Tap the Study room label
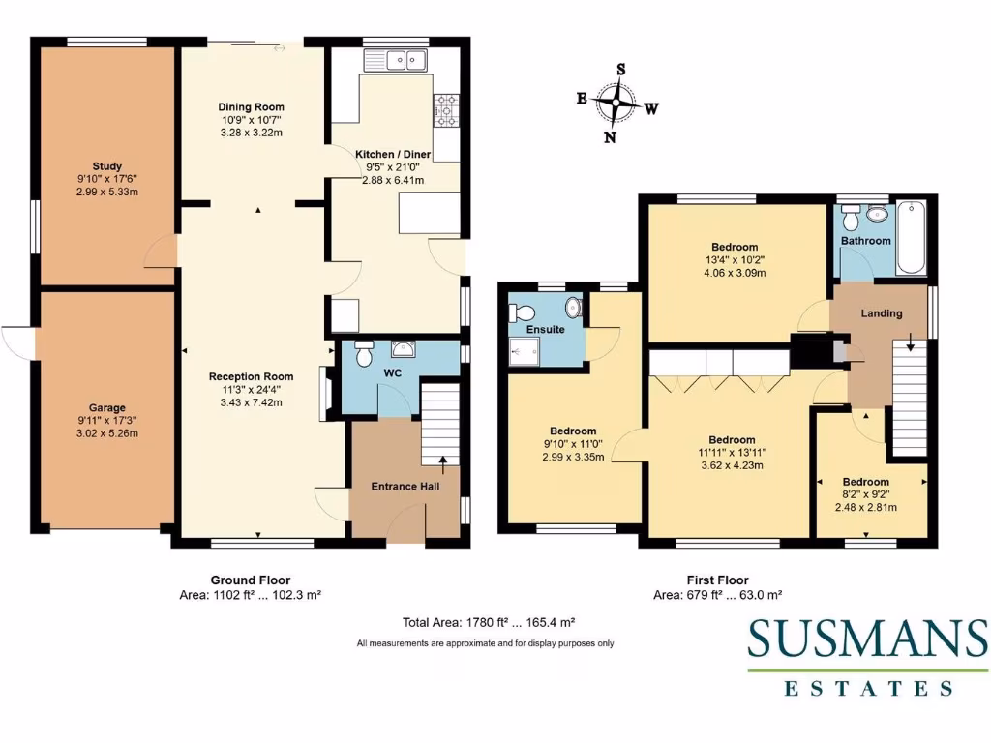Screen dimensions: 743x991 pyautogui.click(x=107, y=166)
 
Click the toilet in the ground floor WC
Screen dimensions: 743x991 pyautogui.click(x=364, y=355)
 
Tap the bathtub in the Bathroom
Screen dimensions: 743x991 pyautogui.click(x=911, y=237)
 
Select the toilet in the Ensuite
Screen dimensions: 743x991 pyautogui.click(x=523, y=312)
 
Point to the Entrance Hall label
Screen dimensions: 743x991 pyautogui.click(x=405, y=487)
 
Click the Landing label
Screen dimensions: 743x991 pyautogui.click(x=882, y=313)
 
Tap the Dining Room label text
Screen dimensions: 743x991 pyautogui.click(x=251, y=107)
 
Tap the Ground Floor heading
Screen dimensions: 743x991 pyautogui.click(x=251, y=580)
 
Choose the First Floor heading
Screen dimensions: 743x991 pyautogui.click(x=717, y=580)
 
